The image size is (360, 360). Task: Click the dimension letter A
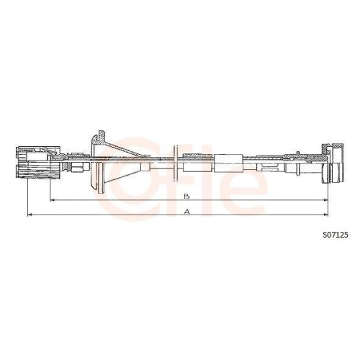pyautogui.click(x=186, y=212)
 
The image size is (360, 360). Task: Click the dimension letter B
pyautogui.click(x=186, y=196)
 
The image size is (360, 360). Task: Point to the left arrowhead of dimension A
pyautogui.click(x=29, y=215)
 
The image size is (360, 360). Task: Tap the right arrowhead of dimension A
pyautogui.click(x=326, y=215)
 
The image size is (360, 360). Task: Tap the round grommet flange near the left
pyautogui.click(x=96, y=164)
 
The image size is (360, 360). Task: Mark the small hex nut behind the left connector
pyautogui.click(x=74, y=166)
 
